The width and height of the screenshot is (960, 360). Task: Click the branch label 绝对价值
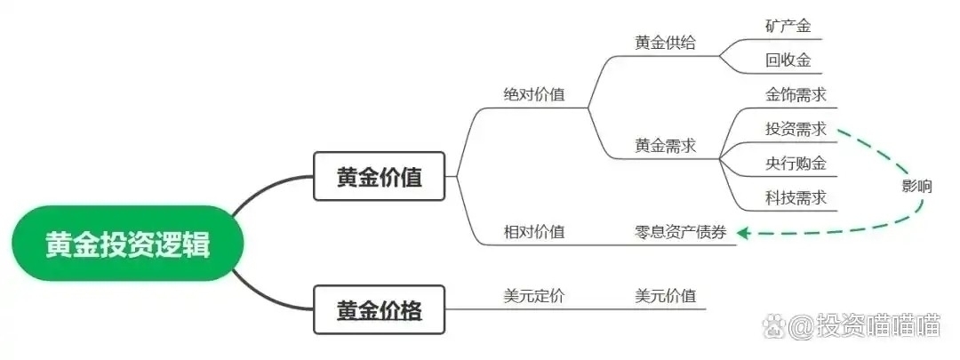point(533,94)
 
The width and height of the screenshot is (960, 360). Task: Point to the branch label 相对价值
point(533,232)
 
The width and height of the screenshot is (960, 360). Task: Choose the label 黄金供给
point(665,43)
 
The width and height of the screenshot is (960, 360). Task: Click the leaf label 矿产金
point(788,26)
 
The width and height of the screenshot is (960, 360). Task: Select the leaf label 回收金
point(788,60)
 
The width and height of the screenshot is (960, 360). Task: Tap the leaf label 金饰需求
point(796,94)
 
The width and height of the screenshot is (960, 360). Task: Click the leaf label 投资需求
point(796,129)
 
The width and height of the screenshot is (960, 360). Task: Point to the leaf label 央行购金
point(796,164)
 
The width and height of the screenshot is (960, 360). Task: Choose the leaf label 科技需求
point(796,197)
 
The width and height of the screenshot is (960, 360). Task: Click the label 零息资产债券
point(681,232)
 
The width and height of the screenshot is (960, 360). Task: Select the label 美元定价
point(533,296)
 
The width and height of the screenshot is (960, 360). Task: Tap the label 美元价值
point(665,296)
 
